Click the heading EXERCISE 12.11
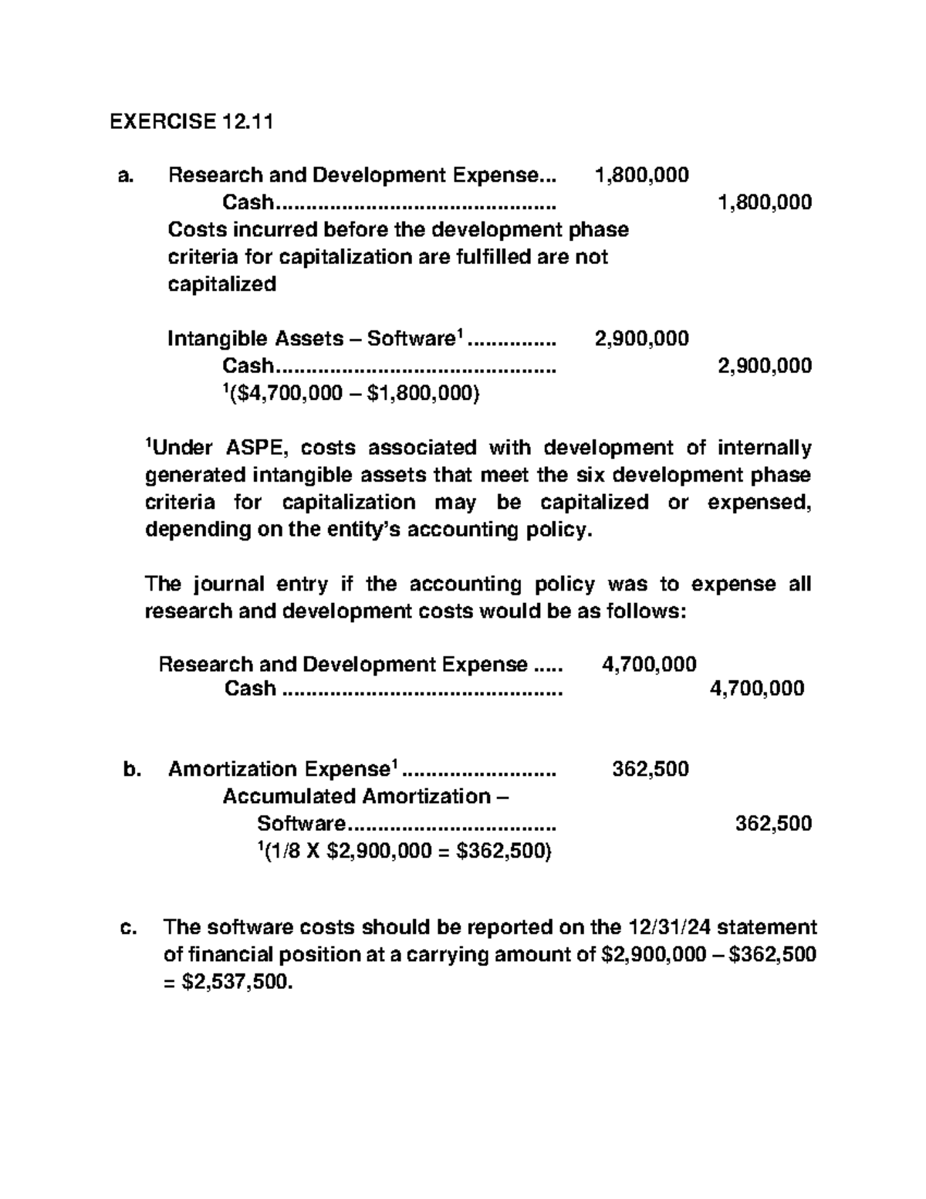[x=191, y=121]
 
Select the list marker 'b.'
[x=132, y=769]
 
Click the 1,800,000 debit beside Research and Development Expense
[x=641, y=175]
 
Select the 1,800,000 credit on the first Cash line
[x=764, y=202]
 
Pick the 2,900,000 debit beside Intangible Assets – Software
[x=641, y=338]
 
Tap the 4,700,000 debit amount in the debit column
[x=648, y=664]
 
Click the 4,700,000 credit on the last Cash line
[x=756, y=688]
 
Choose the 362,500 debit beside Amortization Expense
[x=650, y=769]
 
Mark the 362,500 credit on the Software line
[x=773, y=823]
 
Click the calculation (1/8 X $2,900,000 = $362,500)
[x=404, y=851]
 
